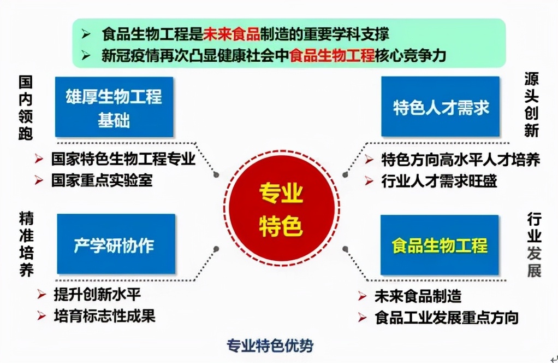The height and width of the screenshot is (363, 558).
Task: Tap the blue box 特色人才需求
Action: coord(440,107)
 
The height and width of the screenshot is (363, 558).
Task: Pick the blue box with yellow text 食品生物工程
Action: coord(440,245)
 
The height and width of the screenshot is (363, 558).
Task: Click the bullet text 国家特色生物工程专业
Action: coord(123,159)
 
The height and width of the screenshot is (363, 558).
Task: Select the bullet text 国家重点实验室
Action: coord(102,180)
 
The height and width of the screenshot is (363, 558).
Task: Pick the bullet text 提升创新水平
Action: coord(97,294)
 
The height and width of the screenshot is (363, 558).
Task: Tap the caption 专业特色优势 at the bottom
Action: coord(270,346)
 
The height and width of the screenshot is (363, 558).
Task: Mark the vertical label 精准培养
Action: coord(26,245)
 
